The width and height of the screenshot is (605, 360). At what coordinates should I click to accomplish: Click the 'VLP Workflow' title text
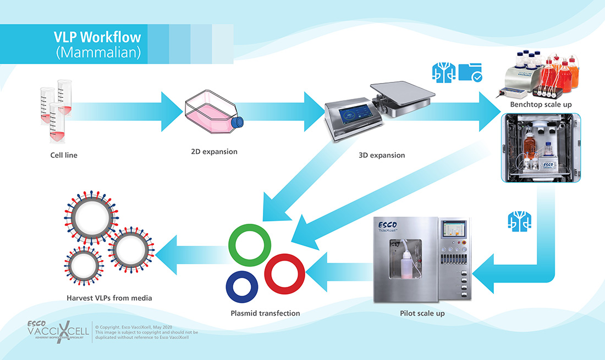[x=97, y=37]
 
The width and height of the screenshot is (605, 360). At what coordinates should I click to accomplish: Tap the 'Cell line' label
[x=64, y=155]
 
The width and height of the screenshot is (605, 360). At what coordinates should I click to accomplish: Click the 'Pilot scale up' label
[x=422, y=313]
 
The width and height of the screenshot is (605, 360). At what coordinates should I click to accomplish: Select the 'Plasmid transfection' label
[x=265, y=313]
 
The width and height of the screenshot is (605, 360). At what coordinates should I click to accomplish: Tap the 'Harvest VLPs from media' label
[x=108, y=298]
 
